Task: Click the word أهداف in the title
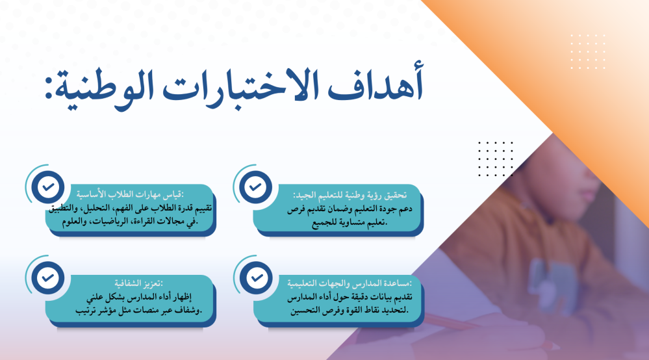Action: [376, 85]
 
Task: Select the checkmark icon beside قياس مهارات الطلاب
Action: [48, 187]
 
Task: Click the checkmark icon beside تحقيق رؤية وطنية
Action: [255, 187]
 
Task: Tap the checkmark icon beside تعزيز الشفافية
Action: [48, 277]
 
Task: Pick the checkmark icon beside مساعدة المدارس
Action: [256, 277]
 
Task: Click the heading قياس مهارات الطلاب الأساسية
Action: [130, 194]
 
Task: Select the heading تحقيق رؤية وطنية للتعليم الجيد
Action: [350, 195]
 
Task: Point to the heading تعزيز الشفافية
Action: [138, 283]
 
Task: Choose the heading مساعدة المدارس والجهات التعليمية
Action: [350, 283]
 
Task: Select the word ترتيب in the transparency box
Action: [86, 311]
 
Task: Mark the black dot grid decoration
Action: [496, 159]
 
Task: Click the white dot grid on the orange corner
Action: [588, 52]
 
